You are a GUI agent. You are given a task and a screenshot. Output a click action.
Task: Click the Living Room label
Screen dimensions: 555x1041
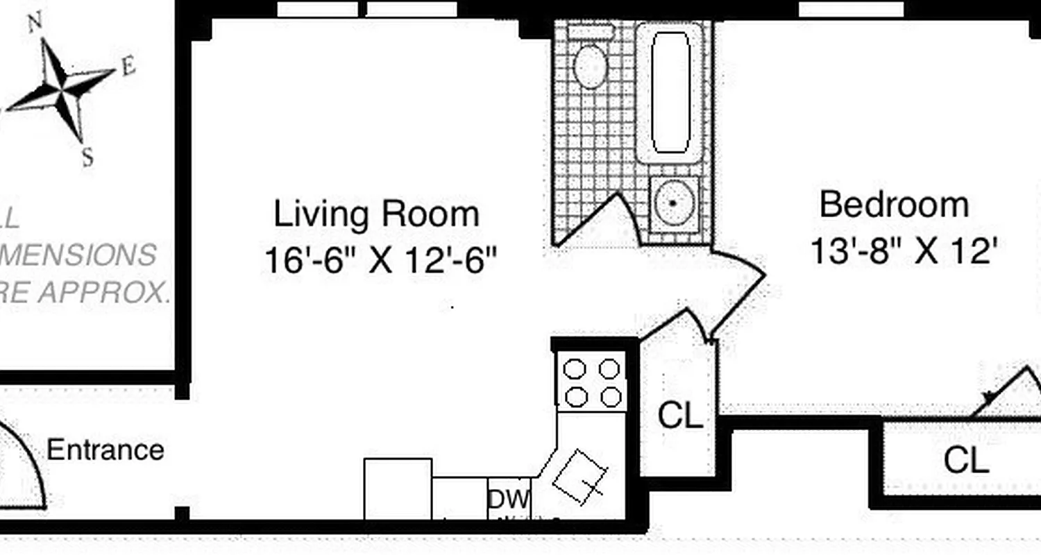[x=376, y=214]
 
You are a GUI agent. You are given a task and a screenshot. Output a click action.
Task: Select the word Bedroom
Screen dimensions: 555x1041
[x=894, y=204]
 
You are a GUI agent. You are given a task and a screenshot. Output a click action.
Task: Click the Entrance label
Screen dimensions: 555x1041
[x=105, y=450]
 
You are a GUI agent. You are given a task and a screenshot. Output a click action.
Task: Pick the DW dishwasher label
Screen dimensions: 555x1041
[x=509, y=499]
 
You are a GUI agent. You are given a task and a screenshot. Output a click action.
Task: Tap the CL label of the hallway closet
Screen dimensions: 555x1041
[x=679, y=416]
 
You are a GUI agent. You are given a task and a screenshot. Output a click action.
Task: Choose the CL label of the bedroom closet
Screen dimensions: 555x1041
[x=965, y=460]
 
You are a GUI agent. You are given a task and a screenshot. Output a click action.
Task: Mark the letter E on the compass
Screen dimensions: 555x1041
[x=128, y=67]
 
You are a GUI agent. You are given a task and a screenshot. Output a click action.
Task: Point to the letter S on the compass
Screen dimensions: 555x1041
[x=87, y=159]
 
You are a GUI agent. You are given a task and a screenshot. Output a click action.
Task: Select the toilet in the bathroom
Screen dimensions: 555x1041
[x=591, y=66]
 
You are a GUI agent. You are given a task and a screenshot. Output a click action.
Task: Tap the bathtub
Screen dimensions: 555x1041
[x=671, y=92]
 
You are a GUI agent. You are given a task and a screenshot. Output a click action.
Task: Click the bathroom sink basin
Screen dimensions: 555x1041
[x=673, y=203]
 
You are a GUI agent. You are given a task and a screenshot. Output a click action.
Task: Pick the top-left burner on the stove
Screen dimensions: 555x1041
[x=574, y=369]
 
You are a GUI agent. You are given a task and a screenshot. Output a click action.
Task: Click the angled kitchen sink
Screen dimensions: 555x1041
[x=579, y=476]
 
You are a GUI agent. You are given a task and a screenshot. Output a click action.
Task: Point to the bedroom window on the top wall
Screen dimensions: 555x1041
[x=852, y=9]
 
